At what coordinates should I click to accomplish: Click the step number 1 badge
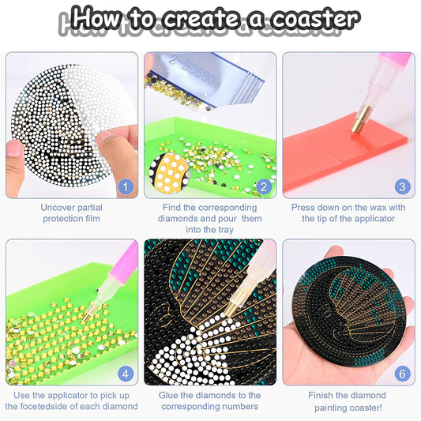(126, 187)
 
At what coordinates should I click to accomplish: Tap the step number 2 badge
(264, 187)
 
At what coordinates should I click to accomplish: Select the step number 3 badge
(402, 187)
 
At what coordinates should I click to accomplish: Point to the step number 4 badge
(126, 374)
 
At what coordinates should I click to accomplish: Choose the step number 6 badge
(402, 374)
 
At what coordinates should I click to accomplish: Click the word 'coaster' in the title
(315, 19)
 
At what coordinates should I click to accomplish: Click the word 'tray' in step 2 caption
(225, 230)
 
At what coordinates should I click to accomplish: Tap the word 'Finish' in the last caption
(321, 395)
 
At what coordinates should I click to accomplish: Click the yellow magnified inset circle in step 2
(169, 173)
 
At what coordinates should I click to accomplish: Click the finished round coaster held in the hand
(349, 312)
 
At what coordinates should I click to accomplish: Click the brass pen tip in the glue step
(231, 308)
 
